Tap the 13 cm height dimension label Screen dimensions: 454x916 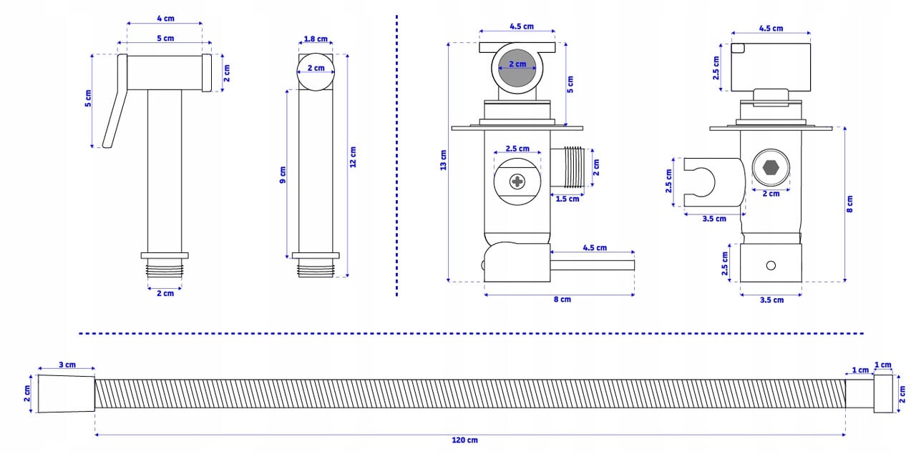[444, 161]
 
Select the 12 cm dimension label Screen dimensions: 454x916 [353, 157]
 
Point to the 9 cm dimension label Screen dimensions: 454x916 [283, 175]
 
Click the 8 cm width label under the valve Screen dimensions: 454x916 [562, 300]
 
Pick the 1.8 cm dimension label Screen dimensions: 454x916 [316, 39]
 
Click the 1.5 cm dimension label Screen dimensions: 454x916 [567, 199]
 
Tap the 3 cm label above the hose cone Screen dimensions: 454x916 [67, 365]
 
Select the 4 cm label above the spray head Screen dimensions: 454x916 [165, 19]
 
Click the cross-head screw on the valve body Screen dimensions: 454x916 [517, 182]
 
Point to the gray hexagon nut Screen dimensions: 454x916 [771, 169]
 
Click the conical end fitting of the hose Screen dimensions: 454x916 [65, 393]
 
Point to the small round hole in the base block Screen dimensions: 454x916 [771, 266]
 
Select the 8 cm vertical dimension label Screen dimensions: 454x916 [850, 204]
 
